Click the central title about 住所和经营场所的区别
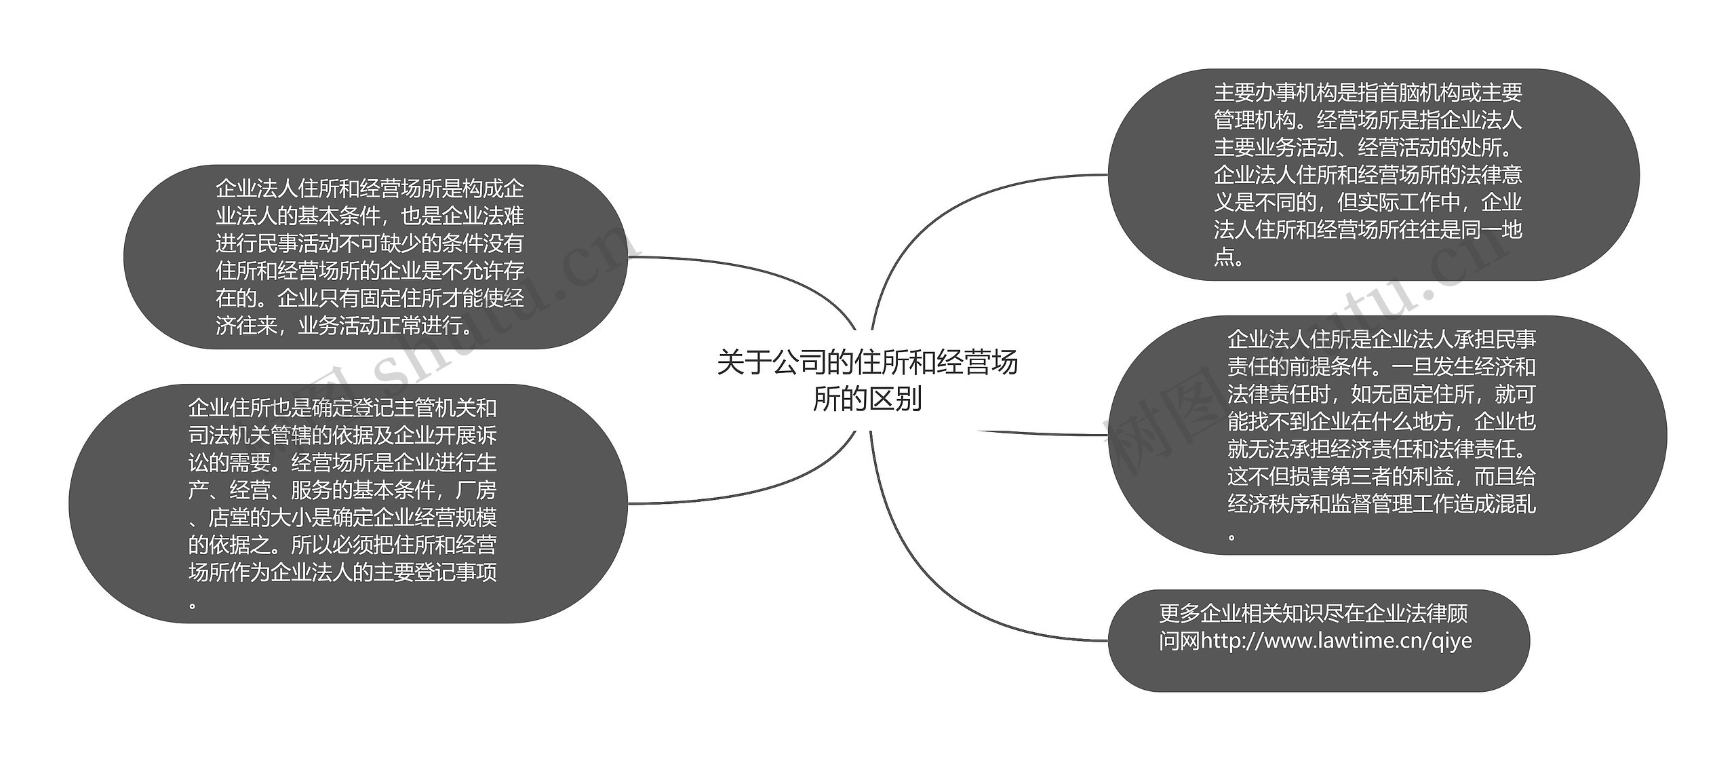coord(867,380)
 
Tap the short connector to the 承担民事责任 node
coord(1044,433)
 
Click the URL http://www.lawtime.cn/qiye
coord(1336,641)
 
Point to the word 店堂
coord(229,518)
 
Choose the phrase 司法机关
coord(229,435)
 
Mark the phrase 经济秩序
coord(1268,505)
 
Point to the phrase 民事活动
coord(298,243)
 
